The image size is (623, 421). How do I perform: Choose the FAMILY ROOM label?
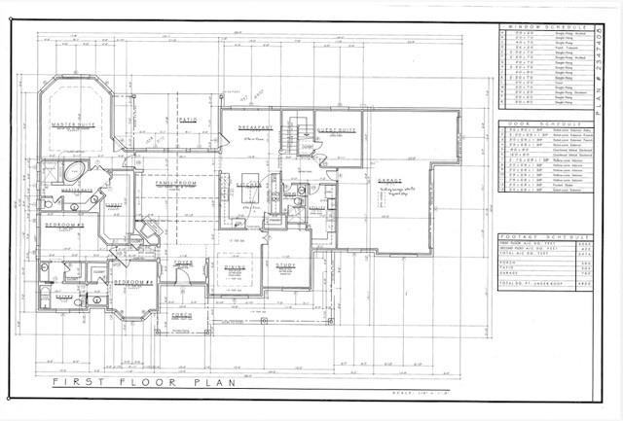click(165, 181)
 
